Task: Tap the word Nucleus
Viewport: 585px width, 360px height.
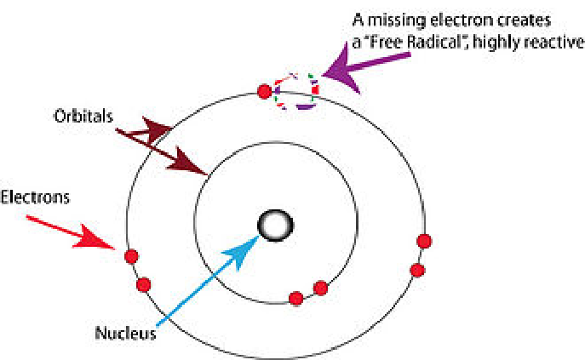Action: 125,333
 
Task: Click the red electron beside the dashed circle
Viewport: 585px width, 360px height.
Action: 265,90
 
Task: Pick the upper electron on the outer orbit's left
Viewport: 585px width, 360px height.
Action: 131,256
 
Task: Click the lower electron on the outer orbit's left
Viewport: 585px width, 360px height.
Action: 143,283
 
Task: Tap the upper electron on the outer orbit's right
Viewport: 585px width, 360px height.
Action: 421,241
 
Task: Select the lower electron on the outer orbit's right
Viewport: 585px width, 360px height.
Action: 416,270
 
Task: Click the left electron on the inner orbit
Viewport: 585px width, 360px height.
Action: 296,298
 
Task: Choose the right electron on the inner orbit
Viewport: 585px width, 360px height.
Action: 320,288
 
